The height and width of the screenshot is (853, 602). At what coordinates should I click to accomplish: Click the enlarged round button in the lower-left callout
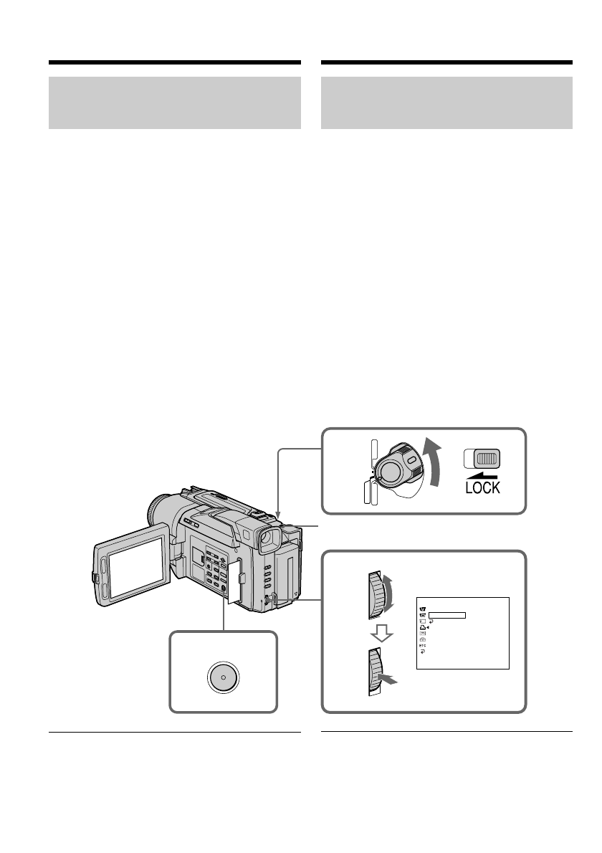point(223,677)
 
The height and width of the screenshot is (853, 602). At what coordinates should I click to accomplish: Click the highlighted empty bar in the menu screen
point(447,614)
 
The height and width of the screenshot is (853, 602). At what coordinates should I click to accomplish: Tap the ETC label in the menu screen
point(422,646)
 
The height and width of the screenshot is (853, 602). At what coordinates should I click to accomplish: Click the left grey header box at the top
point(174,103)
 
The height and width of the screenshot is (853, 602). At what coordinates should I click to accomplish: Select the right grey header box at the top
point(447,103)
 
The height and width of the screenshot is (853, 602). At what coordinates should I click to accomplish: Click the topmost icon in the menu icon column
point(422,607)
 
